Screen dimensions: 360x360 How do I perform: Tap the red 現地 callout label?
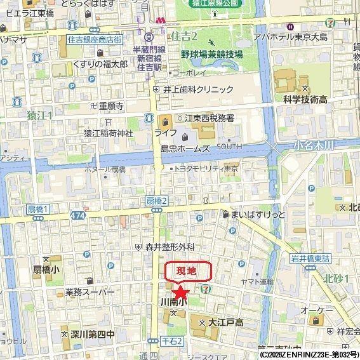coord(189,272)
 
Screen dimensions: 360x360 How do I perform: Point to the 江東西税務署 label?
coord(210,119)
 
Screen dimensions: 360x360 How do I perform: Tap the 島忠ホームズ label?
coord(185,148)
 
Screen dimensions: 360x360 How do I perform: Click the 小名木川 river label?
coord(314,145)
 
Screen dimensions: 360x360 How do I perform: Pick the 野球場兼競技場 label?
coord(211,55)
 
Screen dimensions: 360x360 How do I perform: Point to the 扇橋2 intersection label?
coord(156,201)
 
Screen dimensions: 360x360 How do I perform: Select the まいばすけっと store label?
coord(259,215)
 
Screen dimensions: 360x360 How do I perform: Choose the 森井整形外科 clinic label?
coord(170,246)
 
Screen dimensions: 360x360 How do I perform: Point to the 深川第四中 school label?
coord(92,333)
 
